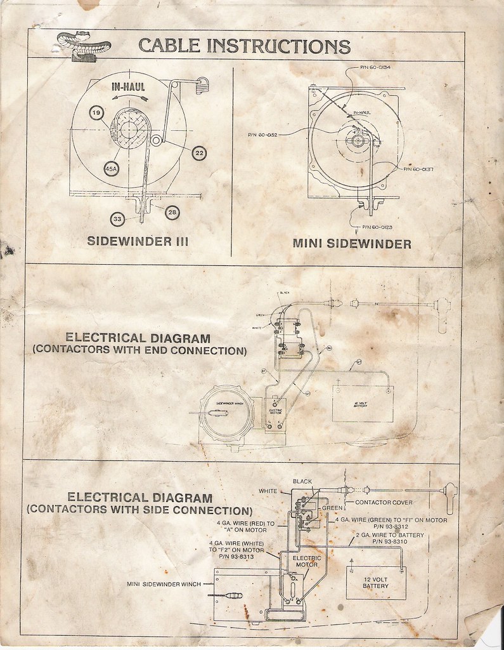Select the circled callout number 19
point(97,114)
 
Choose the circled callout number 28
point(172,213)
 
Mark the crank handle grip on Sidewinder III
point(202,83)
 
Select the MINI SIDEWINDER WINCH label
point(164,584)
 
